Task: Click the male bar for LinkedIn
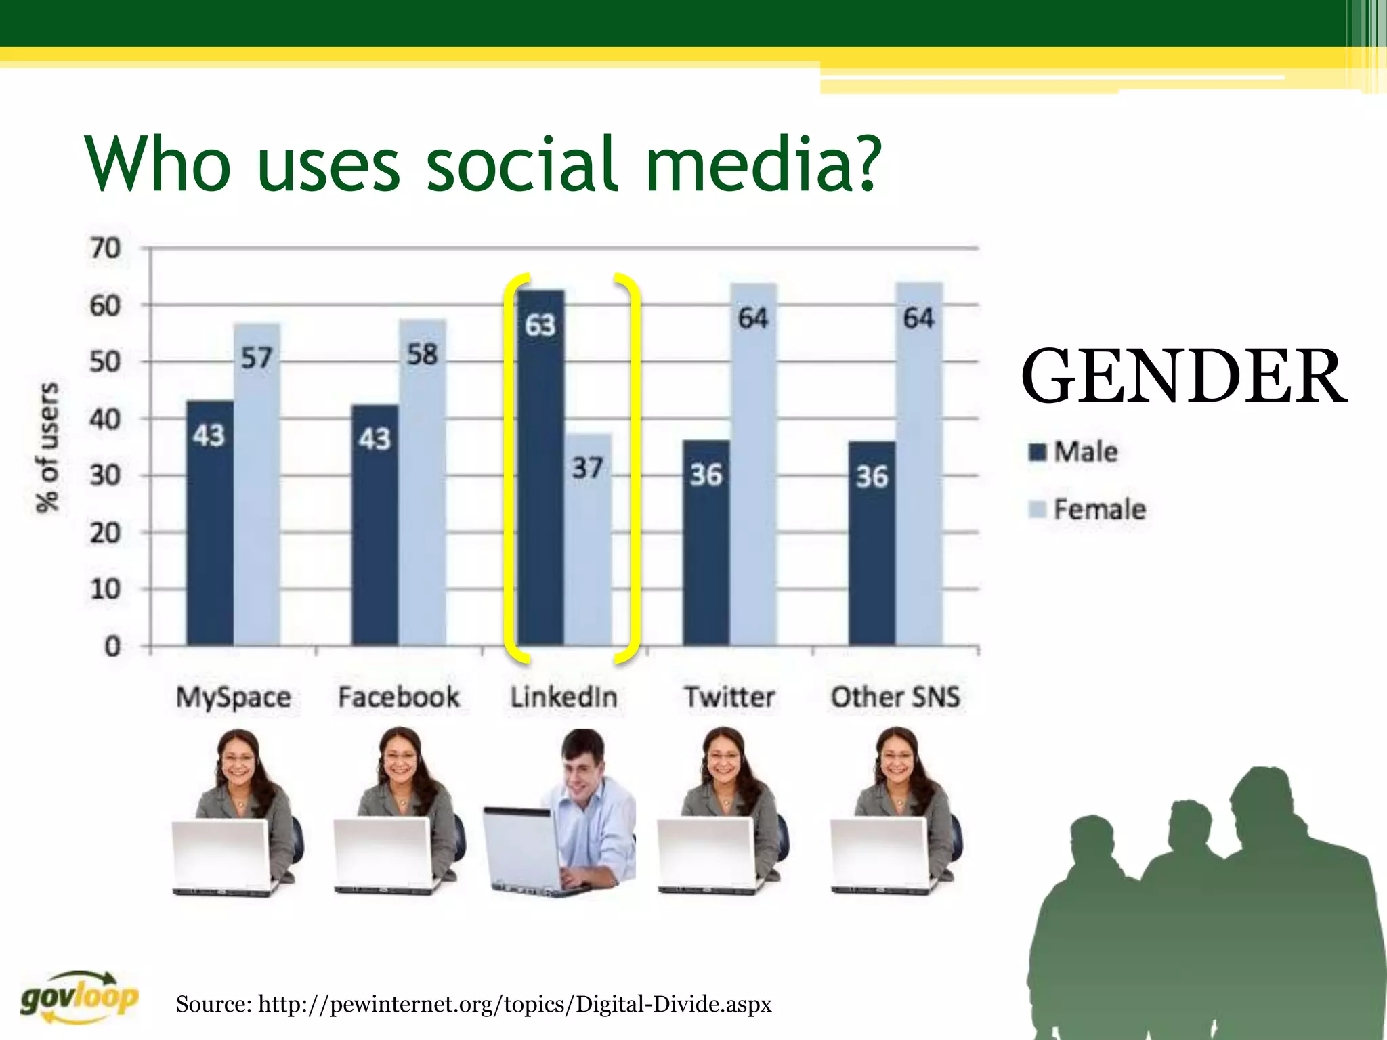pos(540,474)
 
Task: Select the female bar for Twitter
pos(753,474)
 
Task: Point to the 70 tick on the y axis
pos(105,248)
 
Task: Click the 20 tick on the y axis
pos(105,533)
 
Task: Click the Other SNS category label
pos(895,697)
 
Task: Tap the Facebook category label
pos(399,697)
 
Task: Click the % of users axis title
pos(47,447)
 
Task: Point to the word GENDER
pos(1183,376)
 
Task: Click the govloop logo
pos(79,997)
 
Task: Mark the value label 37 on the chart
pos(587,468)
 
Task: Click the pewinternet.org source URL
pos(515,1003)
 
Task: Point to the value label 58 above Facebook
pos(423,354)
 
